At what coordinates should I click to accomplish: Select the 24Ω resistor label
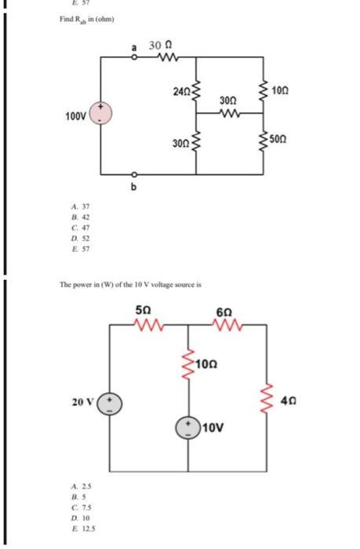coord(180,91)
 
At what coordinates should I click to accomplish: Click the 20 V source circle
coord(111,403)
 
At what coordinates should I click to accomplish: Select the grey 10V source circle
coord(189,427)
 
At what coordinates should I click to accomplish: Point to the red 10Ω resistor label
coord(208,365)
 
